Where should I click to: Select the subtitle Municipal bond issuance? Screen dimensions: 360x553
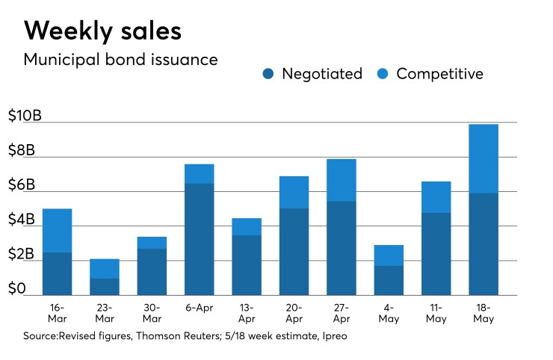(121, 60)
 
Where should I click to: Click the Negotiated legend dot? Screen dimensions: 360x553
(269, 74)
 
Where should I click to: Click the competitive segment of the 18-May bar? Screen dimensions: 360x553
(484, 158)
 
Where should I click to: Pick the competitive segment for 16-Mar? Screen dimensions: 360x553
(57, 230)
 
